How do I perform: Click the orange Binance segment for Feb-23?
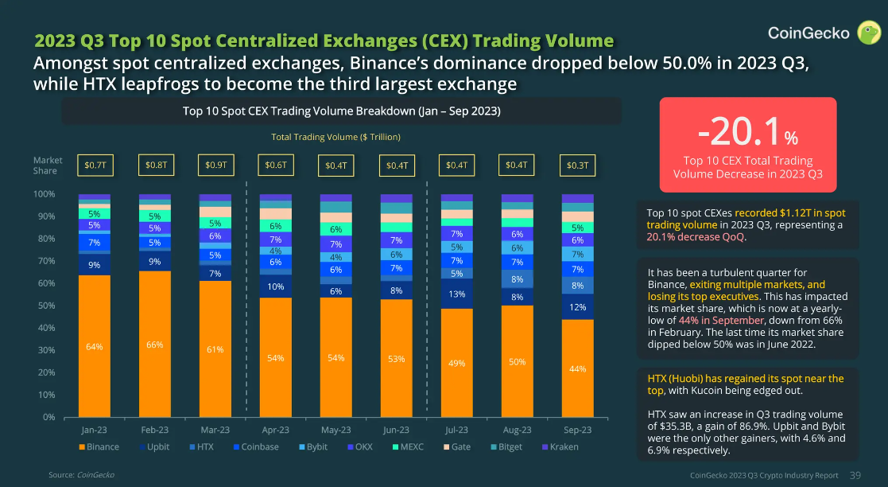point(154,345)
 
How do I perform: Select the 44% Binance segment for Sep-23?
point(578,368)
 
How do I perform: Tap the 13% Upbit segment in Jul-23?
point(457,294)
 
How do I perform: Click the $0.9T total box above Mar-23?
point(215,166)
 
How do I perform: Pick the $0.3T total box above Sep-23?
point(578,166)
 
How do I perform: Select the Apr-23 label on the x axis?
point(275,430)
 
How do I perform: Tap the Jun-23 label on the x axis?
point(396,430)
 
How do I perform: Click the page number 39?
point(855,475)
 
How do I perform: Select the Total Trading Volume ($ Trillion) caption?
point(335,137)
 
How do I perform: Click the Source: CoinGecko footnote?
point(81,475)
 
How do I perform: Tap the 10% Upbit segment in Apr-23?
point(275,286)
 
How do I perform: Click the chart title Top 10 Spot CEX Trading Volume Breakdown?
point(341,111)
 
